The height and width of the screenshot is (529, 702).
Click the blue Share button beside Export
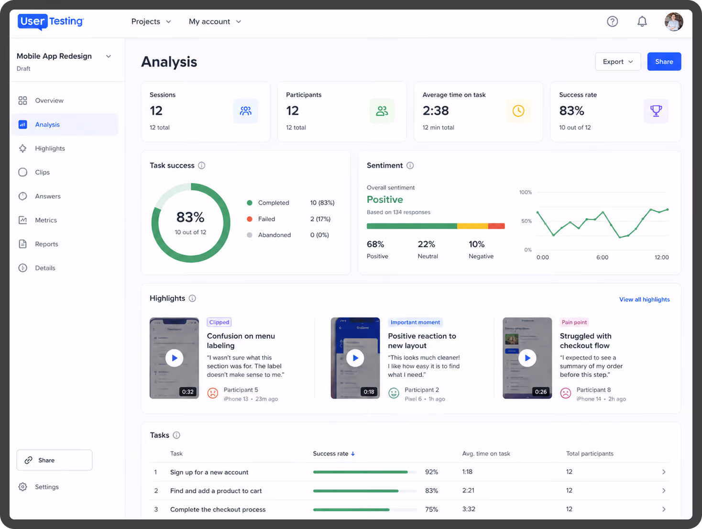[x=664, y=61]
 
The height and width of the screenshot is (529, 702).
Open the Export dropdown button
[x=618, y=61]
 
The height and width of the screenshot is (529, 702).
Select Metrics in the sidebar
[x=46, y=220]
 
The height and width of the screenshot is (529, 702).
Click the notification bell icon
[x=642, y=22]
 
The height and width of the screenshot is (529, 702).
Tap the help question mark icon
[x=612, y=22]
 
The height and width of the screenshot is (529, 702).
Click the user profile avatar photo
[x=673, y=22]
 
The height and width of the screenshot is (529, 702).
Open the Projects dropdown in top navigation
[x=151, y=22]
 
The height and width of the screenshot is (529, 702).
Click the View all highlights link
[x=644, y=299]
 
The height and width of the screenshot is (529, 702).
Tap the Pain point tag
[x=574, y=322]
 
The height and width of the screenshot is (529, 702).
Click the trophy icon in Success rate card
[x=656, y=110]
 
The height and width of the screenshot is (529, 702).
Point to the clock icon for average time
[x=518, y=110]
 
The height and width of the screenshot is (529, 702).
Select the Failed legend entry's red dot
[x=250, y=219]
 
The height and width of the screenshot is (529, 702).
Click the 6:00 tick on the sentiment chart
[x=602, y=257]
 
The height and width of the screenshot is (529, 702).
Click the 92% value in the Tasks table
[x=431, y=472]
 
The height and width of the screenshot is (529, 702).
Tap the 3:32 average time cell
[x=469, y=509]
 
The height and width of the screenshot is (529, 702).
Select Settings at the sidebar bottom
[x=46, y=487]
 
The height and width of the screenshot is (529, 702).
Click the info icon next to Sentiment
[x=410, y=165]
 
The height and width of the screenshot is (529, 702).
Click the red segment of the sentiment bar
[x=496, y=226]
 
